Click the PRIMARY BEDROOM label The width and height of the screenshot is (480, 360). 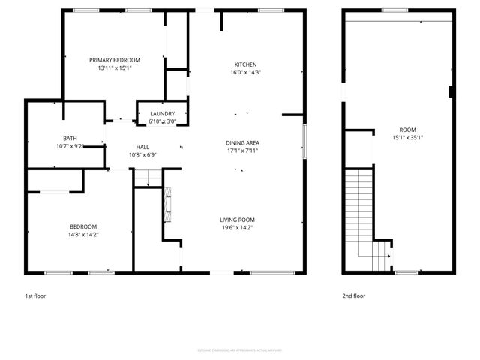click(115, 60)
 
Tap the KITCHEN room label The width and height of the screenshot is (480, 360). click(245, 64)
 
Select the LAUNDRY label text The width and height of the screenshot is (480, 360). click(162, 113)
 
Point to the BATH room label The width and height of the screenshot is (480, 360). click(70, 139)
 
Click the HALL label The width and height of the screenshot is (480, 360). click(142, 147)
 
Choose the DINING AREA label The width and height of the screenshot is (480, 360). click(242, 142)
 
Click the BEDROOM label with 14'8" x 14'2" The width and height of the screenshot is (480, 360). click(83, 227)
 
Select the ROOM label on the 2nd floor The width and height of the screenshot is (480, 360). click(407, 130)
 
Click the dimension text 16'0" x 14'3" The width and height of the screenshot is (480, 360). click(245, 73)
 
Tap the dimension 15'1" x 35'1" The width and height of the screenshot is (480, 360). click(407, 138)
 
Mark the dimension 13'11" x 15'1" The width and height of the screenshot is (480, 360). click(115, 68)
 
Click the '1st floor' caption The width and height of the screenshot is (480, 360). click(35, 296)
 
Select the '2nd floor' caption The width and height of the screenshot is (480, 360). click(353, 296)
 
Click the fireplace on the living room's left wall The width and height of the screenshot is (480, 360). click(167, 204)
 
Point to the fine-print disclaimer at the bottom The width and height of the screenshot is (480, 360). click(239, 349)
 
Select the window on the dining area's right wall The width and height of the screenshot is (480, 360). click(304, 140)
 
